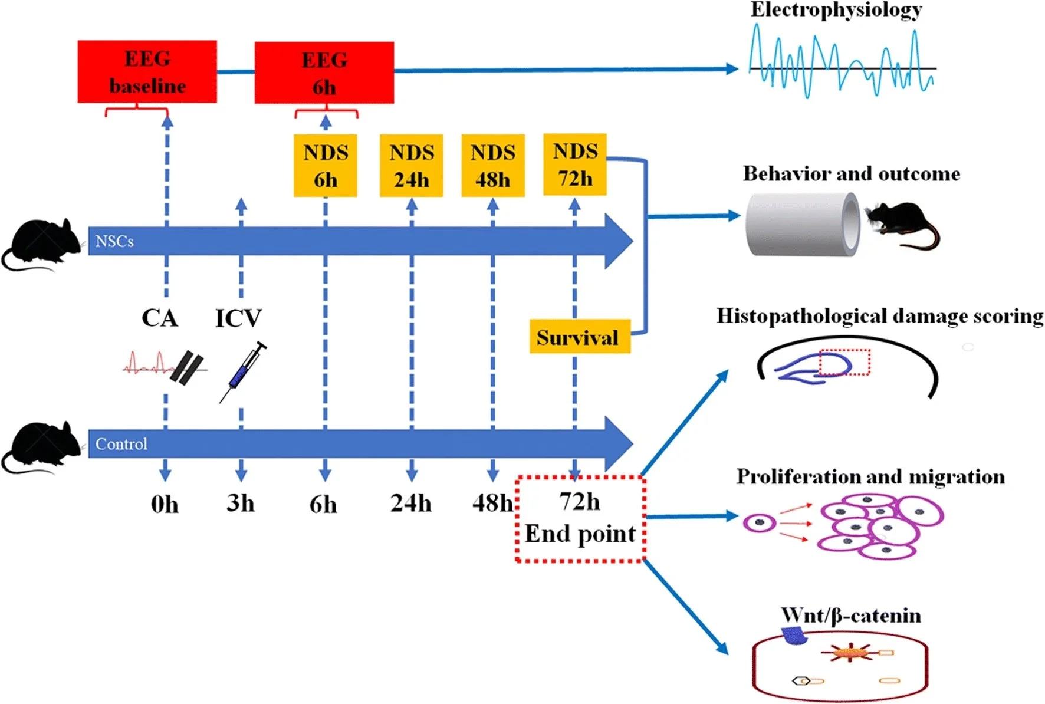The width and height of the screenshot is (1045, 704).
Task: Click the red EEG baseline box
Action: (147, 72)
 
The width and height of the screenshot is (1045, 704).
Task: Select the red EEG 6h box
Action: (324, 73)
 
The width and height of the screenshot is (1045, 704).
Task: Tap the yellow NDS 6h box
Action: (325, 166)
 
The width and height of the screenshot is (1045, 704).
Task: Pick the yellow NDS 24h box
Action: (411, 166)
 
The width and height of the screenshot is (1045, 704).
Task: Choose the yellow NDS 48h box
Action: (492, 166)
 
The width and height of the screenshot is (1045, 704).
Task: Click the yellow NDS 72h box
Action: (574, 165)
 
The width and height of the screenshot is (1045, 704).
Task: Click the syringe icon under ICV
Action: (242, 371)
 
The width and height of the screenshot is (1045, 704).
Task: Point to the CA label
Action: (159, 318)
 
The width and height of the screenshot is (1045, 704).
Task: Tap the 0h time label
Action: (165, 504)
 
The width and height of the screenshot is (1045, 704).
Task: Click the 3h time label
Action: (241, 503)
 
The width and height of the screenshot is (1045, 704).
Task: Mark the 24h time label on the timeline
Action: (411, 503)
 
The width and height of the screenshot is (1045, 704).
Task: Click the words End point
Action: (580, 534)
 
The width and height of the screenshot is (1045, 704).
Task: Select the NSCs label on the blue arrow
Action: (114, 241)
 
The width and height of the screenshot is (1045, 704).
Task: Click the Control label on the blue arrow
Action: (121, 443)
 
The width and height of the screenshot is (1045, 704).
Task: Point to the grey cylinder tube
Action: (802, 224)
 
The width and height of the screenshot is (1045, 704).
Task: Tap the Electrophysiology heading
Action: (836, 10)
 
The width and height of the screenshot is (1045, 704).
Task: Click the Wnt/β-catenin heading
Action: (850, 616)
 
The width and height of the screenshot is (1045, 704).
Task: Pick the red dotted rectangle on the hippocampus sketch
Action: (844, 362)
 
